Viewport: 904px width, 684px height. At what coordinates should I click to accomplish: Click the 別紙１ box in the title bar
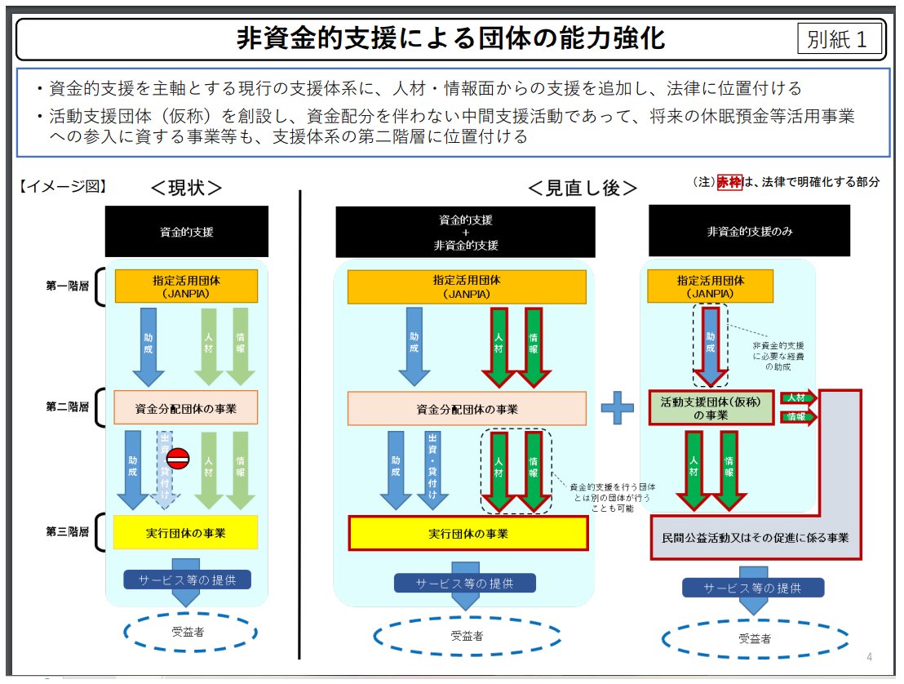pyautogui.click(x=840, y=39)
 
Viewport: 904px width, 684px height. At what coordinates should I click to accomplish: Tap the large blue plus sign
pyautogui.click(x=618, y=407)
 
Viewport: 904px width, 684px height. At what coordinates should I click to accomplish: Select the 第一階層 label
pyautogui.click(x=68, y=286)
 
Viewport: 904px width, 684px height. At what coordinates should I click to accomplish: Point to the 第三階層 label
pyautogui.click(x=68, y=532)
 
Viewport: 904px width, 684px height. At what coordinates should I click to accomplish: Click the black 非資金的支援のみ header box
pyautogui.click(x=749, y=231)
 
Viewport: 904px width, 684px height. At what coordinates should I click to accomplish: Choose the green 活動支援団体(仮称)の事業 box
pyautogui.click(x=711, y=407)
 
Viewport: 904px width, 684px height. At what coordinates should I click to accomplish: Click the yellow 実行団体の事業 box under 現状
pyautogui.click(x=186, y=532)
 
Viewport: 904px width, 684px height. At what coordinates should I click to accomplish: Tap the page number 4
pyautogui.click(x=869, y=657)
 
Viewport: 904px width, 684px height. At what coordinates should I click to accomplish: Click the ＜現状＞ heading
pyautogui.click(x=186, y=188)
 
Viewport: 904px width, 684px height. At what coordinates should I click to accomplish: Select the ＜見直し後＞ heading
pyautogui.click(x=582, y=188)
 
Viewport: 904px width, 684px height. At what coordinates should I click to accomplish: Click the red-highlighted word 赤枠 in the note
pyautogui.click(x=729, y=182)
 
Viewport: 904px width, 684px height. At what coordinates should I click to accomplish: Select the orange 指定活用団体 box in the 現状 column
pyautogui.click(x=186, y=286)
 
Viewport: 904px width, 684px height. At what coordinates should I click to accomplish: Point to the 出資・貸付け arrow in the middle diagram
pyautogui.click(x=432, y=469)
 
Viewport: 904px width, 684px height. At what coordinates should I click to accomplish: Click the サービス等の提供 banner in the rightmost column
pyautogui.click(x=752, y=588)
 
